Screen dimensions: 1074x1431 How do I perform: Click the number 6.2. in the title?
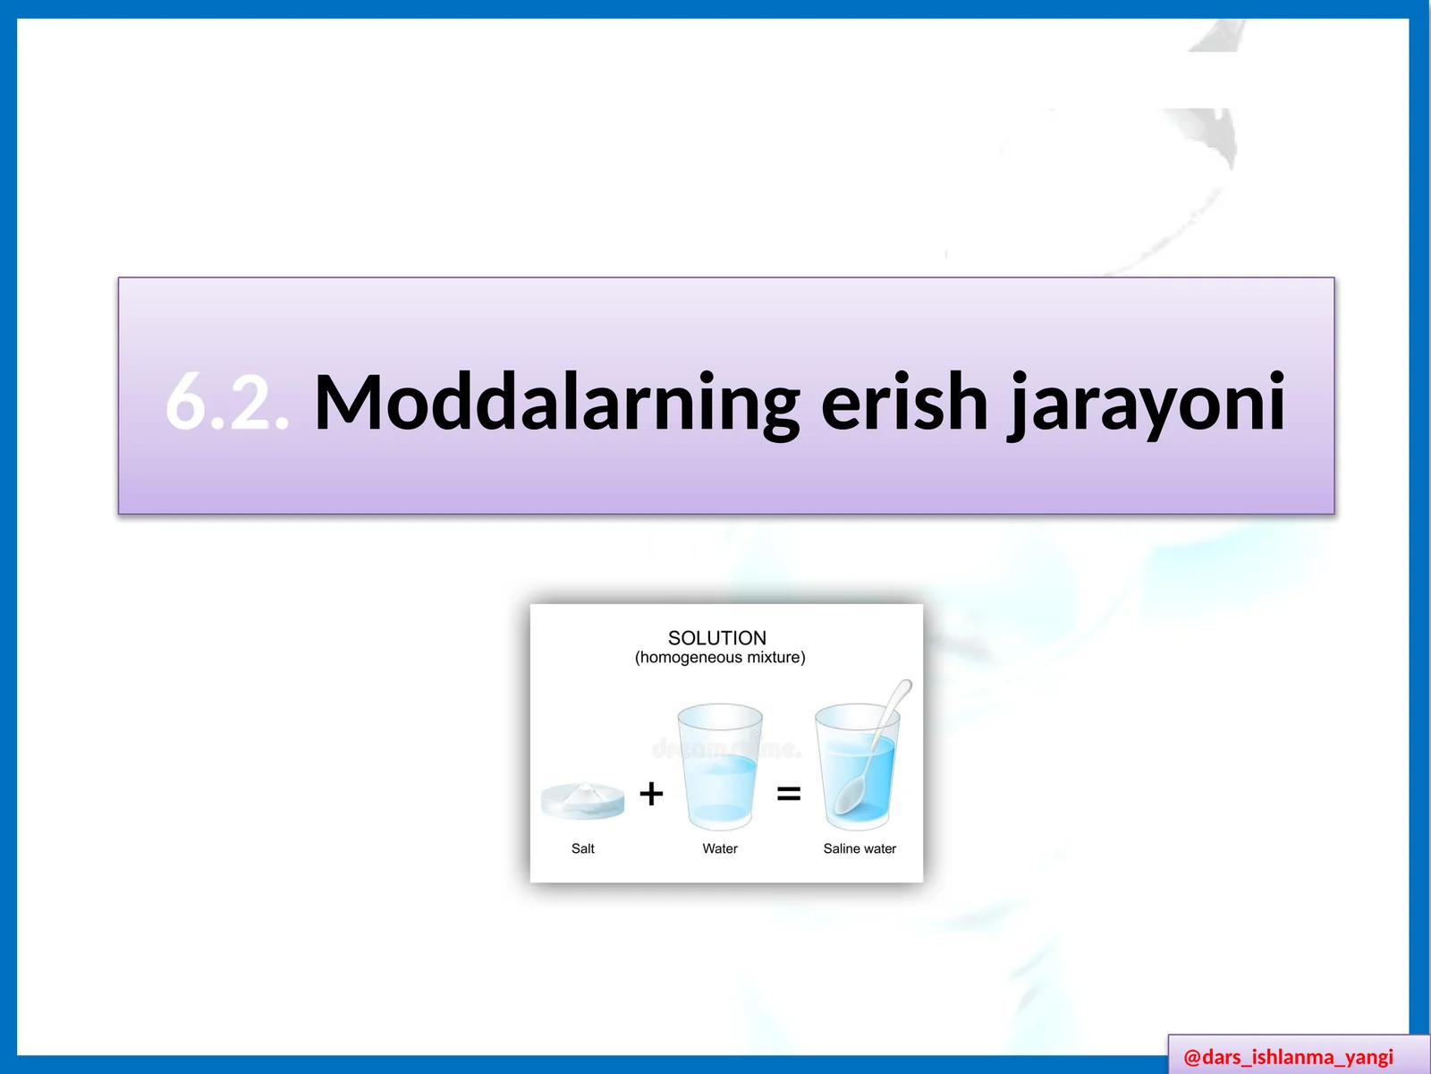pyautogui.click(x=227, y=402)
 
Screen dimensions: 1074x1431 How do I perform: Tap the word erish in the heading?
pyautogui.click(x=903, y=402)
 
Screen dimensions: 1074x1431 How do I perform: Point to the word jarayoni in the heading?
pyautogui.click(x=1147, y=404)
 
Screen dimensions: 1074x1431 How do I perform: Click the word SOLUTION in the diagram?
pyautogui.click(x=716, y=638)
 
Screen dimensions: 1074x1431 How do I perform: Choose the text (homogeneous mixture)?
pyautogui.click(x=720, y=658)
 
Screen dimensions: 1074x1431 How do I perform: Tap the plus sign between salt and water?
pyautogui.click(x=651, y=794)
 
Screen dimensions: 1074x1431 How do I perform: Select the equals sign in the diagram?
pyautogui.click(x=788, y=794)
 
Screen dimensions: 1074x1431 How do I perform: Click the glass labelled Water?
pyautogui.click(x=720, y=770)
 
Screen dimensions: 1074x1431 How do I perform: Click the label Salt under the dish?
pyautogui.click(x=582, y=848)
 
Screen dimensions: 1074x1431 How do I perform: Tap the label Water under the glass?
pyautogui.click(x=720, y=848)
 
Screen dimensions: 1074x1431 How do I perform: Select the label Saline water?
pyautogui.click(x=859, y=848)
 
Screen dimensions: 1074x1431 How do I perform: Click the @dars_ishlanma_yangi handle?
pyautogui.click(x=1288, y=1057)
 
